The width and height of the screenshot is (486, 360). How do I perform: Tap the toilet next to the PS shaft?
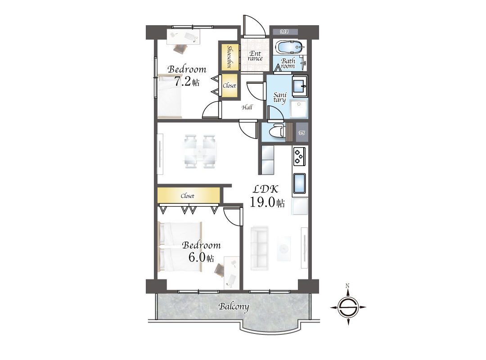[x=277, y=131]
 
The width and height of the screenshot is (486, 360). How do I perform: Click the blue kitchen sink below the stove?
[x=299, y=184]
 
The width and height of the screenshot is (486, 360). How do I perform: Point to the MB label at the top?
[x=284, y=31]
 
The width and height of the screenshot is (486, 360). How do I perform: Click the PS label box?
[x=301, y=133]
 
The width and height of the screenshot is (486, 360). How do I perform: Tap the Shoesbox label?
[x=229, y=57]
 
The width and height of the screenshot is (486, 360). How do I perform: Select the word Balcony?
[x=234, y=306]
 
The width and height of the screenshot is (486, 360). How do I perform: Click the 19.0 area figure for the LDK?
[x=262, y=202]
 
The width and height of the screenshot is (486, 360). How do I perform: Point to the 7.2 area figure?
[x=182, y=81]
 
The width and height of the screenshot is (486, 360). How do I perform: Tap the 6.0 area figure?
[x=197, y=257]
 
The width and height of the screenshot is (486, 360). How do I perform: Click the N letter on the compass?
[x=348, y=286]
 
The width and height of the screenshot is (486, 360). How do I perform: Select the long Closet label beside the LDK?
[x=188, y=196]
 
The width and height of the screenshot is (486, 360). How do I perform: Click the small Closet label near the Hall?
[x=229, y=85]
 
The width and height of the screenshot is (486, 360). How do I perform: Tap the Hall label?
[x=247, y=107]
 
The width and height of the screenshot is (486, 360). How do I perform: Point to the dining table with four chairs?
[x=200, y=152]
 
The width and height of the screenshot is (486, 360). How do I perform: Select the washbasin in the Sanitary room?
[x=300, y=85]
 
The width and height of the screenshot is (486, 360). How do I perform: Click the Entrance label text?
[x=255, y=56]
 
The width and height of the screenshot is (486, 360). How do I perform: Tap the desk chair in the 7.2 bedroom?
[x=180, y=48]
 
